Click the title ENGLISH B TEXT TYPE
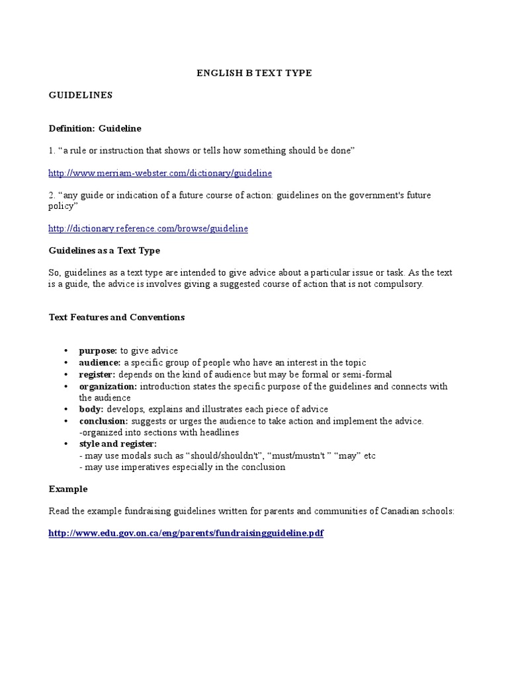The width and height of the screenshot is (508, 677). (254, 73)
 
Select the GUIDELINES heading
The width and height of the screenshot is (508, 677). (81, 95)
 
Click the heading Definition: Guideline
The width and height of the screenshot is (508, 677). (95, 128)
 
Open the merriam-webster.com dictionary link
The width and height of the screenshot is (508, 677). (160, 173)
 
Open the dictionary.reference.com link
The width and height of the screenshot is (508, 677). (148, 229)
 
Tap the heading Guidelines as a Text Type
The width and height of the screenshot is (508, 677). (105, 251)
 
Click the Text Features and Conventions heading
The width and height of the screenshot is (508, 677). (116, 317)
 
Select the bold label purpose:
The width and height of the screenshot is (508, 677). (98, 351)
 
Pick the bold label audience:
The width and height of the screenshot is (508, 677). (100, 363)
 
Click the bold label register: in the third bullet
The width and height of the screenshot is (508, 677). (97, 375)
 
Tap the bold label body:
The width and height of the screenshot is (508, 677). (91, 409)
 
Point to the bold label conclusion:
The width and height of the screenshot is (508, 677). (104, 421)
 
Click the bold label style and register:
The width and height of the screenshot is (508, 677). (118, 444)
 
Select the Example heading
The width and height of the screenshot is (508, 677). (68, 489)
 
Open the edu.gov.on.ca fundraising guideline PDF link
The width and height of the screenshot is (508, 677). (186, 534)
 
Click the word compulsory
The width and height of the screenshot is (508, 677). (398, 284)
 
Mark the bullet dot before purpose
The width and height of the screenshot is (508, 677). (65, 351)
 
